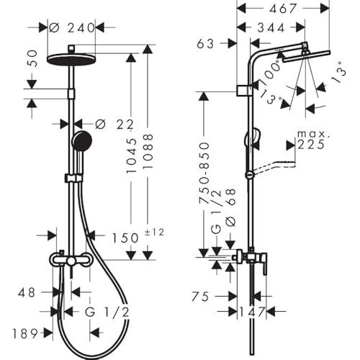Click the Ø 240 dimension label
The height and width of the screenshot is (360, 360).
click(x=72, y=28)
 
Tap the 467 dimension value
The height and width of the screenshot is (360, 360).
click(x=283, y=9)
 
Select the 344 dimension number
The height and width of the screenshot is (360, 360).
click(x=271, y=28)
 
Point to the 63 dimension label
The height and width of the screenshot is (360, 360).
click(x=205, y=44)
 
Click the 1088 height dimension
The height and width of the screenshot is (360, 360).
click(x=148, y=151)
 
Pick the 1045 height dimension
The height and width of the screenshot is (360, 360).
click(x=132, y=156)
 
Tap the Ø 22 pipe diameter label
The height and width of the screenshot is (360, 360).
click(x=114, y=125)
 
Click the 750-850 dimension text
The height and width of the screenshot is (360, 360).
click(x=204, y=173)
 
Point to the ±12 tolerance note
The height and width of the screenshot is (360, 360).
click(x=154, y=233)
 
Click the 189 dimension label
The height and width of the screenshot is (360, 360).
click(x=25, y=333)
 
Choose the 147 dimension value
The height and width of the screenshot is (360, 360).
click(x=252, y=312)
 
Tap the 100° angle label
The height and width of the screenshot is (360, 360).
click(x=271, y=71)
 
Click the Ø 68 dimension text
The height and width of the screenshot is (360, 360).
click(x=231, y=207)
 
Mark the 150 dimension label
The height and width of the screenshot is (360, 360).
click(x=125, y=238)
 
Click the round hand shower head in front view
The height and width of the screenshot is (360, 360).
click(x=82, y=141)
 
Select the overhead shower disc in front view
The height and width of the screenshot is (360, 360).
click(x=71, y=60)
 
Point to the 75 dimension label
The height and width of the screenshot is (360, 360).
click(x=200, y=297)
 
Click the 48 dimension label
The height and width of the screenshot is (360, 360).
click(x=27, y=293)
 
